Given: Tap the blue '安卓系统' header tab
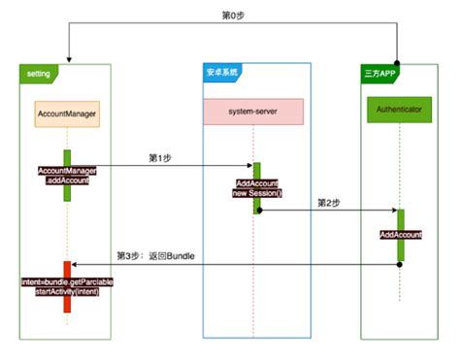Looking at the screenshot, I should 222,73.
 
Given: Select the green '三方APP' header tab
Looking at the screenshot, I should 378,73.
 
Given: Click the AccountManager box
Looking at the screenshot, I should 67,114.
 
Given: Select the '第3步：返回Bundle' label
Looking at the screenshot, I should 155,255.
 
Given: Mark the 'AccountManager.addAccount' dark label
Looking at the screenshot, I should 67,176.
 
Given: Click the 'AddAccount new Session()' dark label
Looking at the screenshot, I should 257,187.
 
